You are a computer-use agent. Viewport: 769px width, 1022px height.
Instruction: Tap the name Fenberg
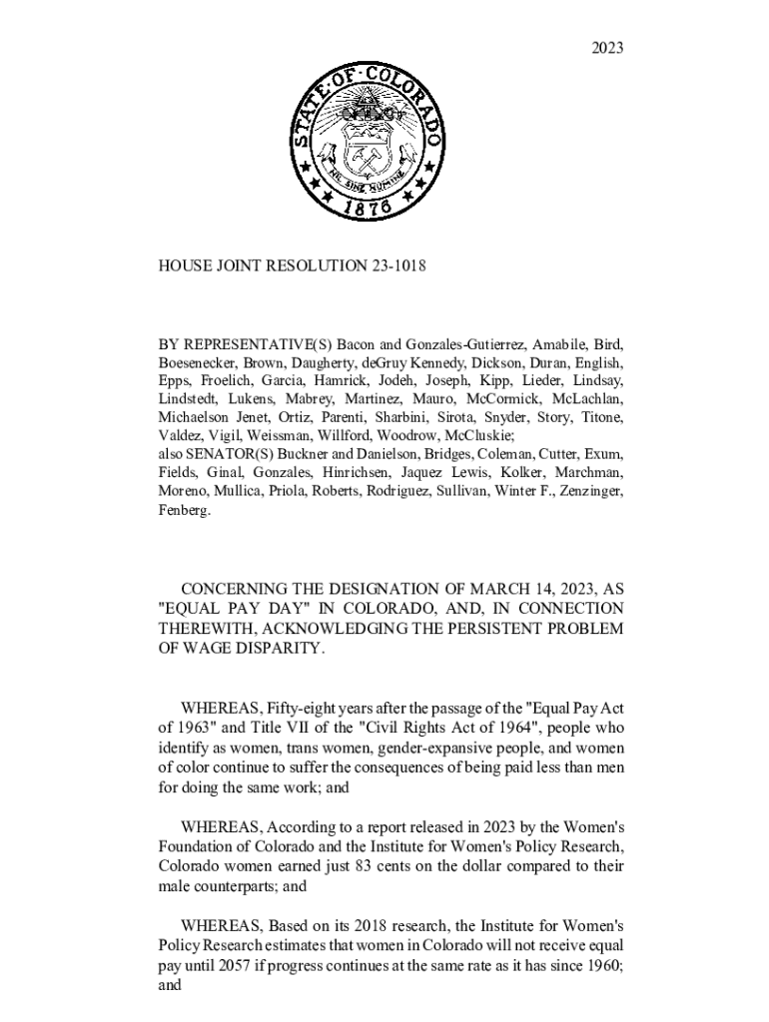click(x=185, y=510)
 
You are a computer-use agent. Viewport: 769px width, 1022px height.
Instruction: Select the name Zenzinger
click(x=587, y=491)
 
